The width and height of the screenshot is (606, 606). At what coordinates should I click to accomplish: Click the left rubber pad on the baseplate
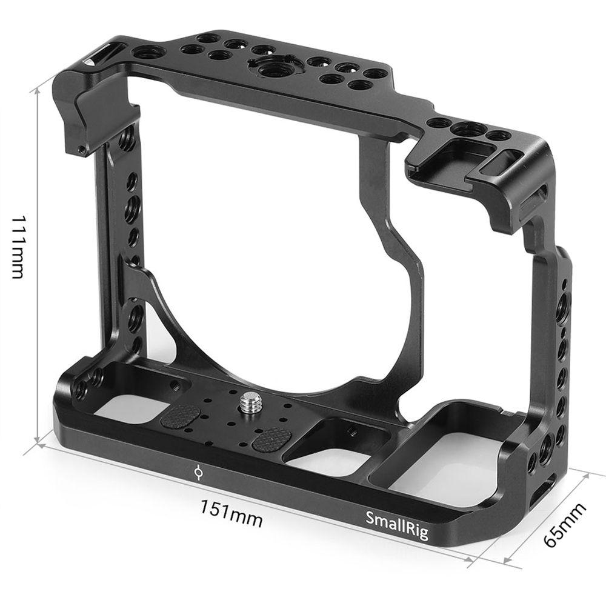[x=180, y=416]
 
